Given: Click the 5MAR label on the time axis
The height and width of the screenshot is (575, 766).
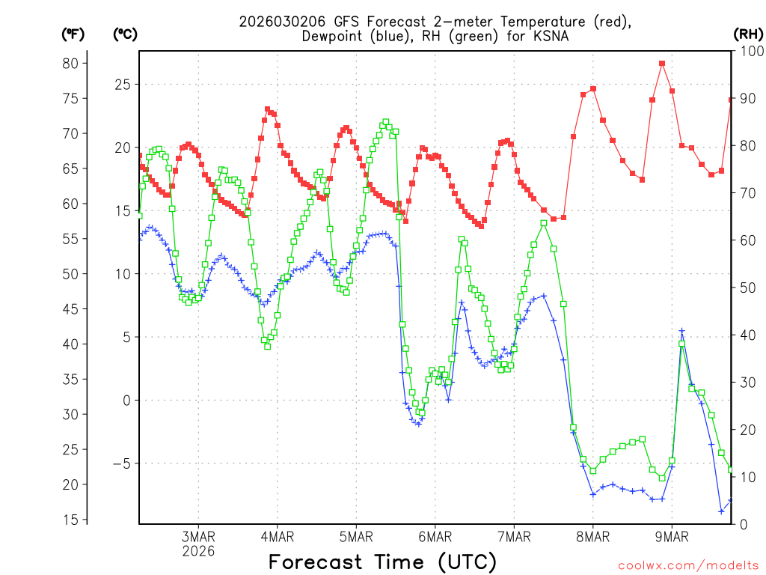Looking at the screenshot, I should coord(356,537).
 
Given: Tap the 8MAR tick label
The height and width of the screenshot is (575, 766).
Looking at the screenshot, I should coord(593,537).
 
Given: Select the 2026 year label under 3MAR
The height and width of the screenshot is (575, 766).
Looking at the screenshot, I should coord(198,551).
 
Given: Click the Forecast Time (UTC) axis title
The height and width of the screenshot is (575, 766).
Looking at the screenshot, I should coord(382,562).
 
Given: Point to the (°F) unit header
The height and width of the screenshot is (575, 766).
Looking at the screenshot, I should coord(73,34).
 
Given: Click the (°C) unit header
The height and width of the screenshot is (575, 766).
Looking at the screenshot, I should coord(125,34).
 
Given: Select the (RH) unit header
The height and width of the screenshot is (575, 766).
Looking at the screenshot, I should coord(747,34).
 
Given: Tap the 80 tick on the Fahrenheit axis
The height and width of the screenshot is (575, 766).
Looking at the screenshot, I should coord(70,63).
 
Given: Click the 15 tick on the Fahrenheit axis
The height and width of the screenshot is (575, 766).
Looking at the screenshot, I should coord(70,520).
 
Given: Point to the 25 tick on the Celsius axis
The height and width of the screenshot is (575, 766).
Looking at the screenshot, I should coord(122,84).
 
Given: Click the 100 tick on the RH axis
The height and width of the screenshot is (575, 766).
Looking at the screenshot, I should coord(748,51).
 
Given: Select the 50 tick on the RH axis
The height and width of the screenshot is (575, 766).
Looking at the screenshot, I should coord(745,287).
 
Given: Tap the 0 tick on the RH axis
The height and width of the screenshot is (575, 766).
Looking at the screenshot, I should coord(741,524).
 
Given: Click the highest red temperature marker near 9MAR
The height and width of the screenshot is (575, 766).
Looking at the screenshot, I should coord(662,64).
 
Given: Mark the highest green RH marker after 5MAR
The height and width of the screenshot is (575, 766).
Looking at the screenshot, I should coord(386,122).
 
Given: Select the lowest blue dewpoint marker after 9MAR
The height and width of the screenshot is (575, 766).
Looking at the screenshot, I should coord(722,511).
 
